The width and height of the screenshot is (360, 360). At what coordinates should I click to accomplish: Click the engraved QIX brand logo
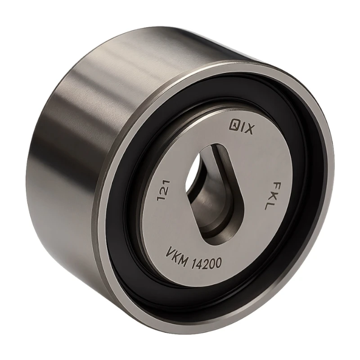241,128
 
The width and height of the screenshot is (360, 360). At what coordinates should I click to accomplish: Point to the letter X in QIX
249,130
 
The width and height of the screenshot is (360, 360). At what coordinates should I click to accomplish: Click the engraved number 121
163,190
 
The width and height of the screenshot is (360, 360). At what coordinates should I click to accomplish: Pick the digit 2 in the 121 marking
163,190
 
